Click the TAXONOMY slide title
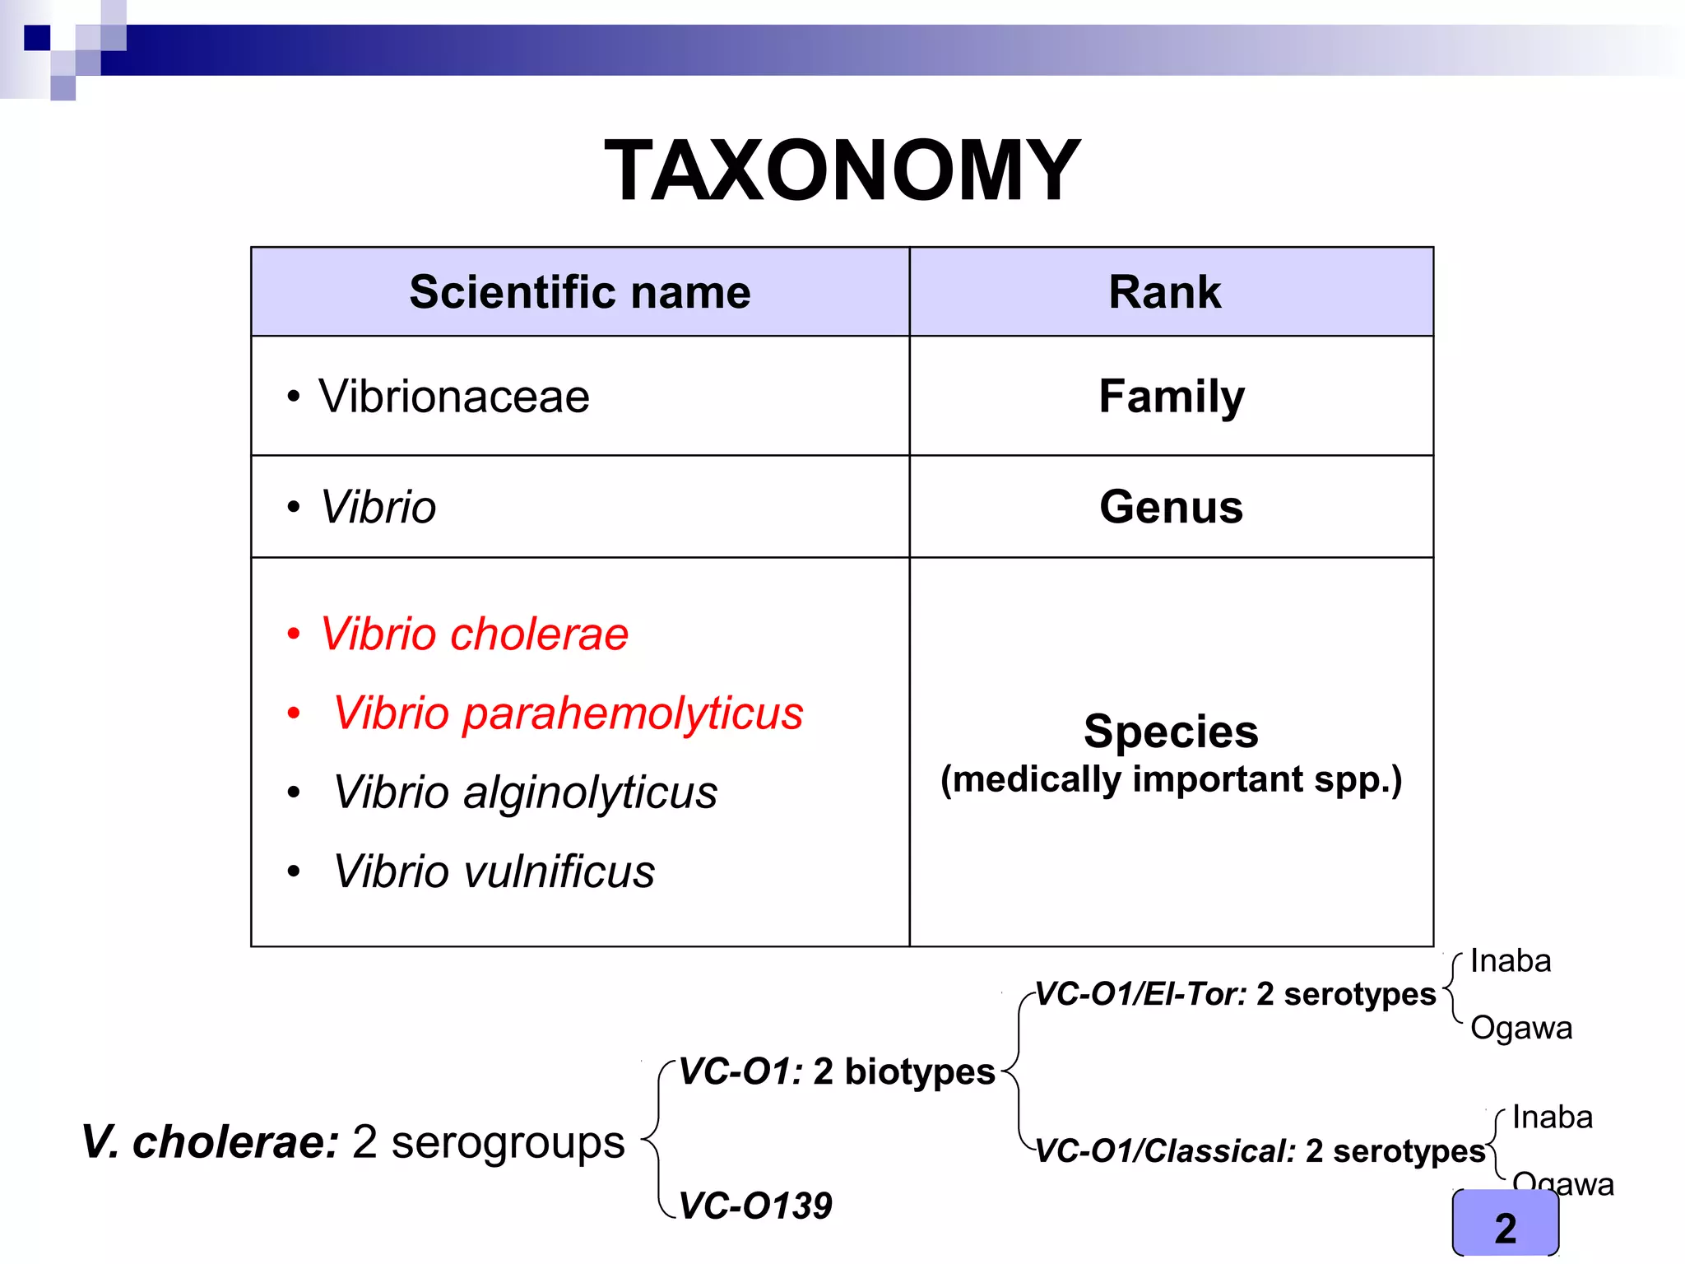(842, 170)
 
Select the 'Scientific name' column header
(580, 292)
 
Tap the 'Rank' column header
(1164, 292)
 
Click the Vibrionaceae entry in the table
(453, 397)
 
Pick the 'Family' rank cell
(1172, 397)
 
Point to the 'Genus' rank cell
(1171, 507)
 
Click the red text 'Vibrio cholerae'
(474, 634)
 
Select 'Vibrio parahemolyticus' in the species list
(568, 713)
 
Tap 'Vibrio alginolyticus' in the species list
(525, 792)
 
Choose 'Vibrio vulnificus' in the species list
(494, 871)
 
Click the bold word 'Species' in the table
(1171, 732)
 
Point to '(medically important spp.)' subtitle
(1171, 779)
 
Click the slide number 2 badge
(1506, 1228)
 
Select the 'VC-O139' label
(755, 1206)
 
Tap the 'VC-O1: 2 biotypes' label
(837, 1072)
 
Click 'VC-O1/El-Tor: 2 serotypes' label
(1235, 994)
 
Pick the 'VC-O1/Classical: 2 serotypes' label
(1260, 1151)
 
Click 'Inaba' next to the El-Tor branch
(1511, 961)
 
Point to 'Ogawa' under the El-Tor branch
(1521, 1029)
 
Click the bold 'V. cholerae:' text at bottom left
(211, 1142)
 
